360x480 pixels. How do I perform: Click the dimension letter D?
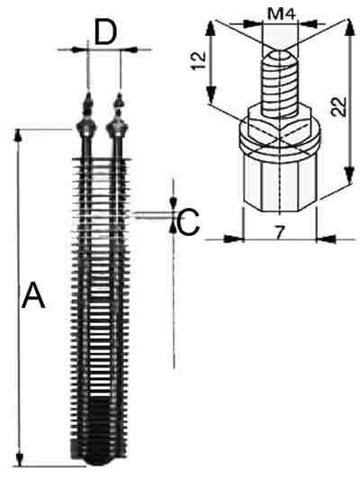point(105,32)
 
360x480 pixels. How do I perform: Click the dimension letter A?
point(33,295)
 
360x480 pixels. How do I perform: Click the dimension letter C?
point(189,222)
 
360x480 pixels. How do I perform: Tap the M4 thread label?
point(282,14)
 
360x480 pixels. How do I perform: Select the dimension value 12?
point(199,61)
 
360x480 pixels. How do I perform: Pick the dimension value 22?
point(339,106)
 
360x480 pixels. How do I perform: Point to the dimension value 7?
point(278,232)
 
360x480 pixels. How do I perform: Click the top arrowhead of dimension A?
point(19,135)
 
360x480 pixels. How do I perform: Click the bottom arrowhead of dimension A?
point(20,459)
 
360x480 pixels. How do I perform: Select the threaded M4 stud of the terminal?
point(280,84)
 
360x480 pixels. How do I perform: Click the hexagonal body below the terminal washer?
point(280,184)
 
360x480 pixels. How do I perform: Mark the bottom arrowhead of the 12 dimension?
point(211,95)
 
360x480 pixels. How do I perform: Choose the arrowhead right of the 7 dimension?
point(326,239)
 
